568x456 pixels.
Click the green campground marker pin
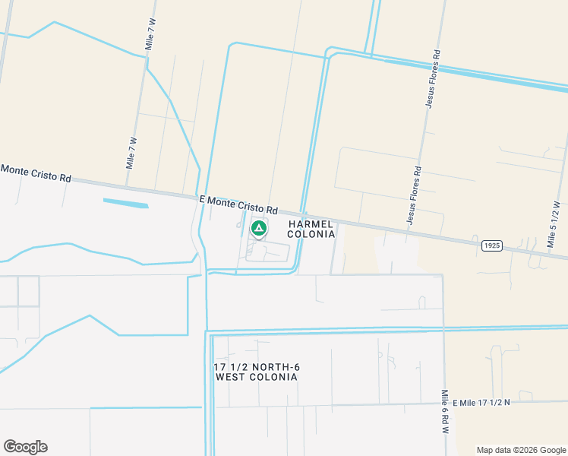pyautogui.click(x=258, y=228)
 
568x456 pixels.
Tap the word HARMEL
pyautogui.click(x=311, y=224)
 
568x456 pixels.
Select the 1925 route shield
pyautogui.click(x=491, y=245)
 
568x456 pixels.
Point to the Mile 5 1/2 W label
pyautogui.click(x=554, y=226)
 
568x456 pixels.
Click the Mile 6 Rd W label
pyautogui.click(x=446, y=412)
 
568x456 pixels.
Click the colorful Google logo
pyautogui.click(x=25, y=447)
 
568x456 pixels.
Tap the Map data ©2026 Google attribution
pyautogui.click(x=522, y=450)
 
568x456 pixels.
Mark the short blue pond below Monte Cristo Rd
pyautogui.click(x=125, y=203)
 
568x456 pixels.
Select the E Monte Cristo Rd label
pyautogui.click(x=238, y=204)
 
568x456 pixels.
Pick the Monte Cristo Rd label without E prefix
pyautogui.click(x=36, y=173)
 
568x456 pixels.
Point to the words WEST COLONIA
pyautogui.click(x=257, y=377)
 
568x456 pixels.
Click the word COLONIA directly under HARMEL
pyautogui.click(x=311, y=234)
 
